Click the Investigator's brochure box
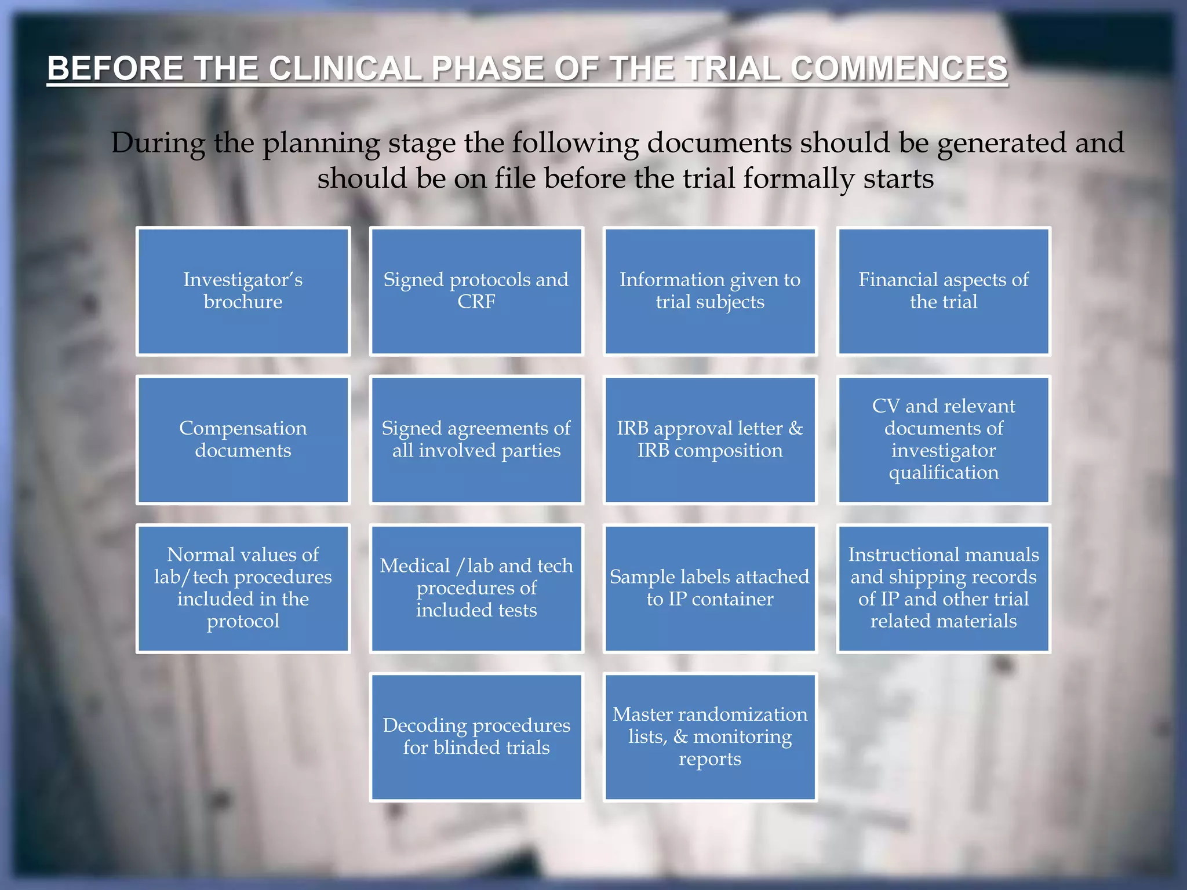pos(243,291)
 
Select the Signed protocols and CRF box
pos(476,291)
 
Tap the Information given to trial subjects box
pos(709,291)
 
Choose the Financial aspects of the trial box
pos(943,291)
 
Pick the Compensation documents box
pos(243,439)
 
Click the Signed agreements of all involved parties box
pos(476,439)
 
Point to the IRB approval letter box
pos(709,439)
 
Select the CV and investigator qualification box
pos(943,439)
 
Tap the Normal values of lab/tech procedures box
pos(243,588)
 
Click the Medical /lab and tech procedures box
pos(476,588)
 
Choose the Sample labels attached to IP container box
pos(709,588)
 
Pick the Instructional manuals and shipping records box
pos(943,588)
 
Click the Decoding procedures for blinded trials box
pos(476,736)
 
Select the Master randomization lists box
pos(709,736)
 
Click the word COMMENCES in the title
pos(899,68)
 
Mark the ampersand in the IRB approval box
pos(795,428)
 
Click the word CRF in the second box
pos(476,302)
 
